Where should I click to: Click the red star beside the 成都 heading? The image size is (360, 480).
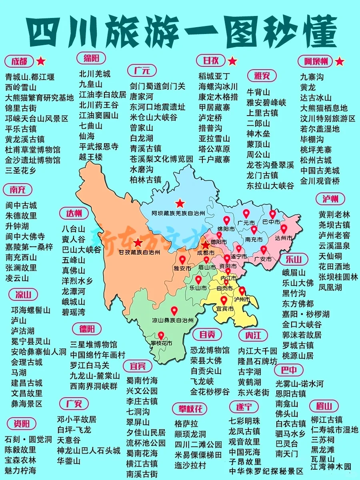[41, 61]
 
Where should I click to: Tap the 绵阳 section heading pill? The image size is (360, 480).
[91, 58]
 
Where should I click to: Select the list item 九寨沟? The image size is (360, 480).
[312, 76]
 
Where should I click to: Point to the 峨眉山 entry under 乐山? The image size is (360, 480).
[294, 273]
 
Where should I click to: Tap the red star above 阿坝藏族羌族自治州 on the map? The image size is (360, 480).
[180, 203]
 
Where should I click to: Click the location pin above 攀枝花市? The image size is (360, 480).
[161, 336]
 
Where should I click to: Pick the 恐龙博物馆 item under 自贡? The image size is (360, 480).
[210, 350]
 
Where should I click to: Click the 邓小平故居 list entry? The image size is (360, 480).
[76, 419]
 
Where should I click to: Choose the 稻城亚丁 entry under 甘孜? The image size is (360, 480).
[214, 76]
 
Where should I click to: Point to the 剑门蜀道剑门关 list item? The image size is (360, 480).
[158, 86]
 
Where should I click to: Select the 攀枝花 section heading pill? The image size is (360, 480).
[190, 409]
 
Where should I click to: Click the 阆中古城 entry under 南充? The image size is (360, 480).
[21, 205]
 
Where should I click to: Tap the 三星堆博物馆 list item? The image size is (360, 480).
[94, 344]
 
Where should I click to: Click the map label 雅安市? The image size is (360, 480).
[182, 268]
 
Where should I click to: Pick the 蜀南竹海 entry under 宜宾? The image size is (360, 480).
[142, 380]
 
